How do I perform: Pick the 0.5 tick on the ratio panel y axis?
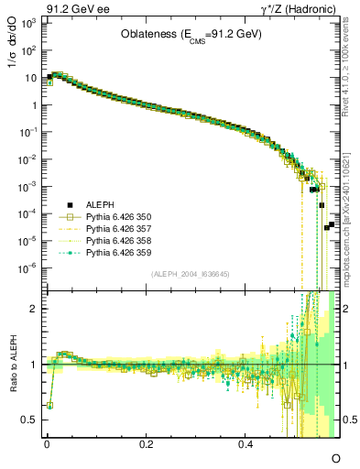29,420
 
